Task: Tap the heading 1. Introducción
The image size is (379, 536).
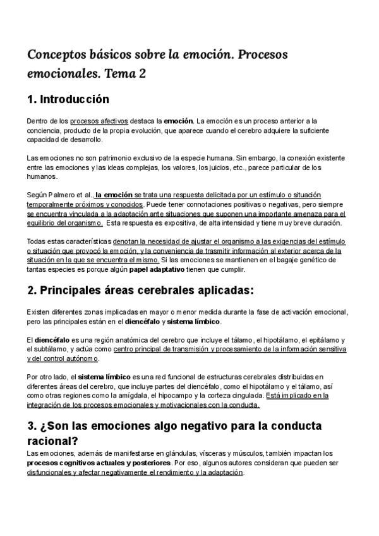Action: (x=68, y=99)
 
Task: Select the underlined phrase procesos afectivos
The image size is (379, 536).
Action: (x=99, y=121)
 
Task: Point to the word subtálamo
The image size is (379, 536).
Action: (x=52, y=350)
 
